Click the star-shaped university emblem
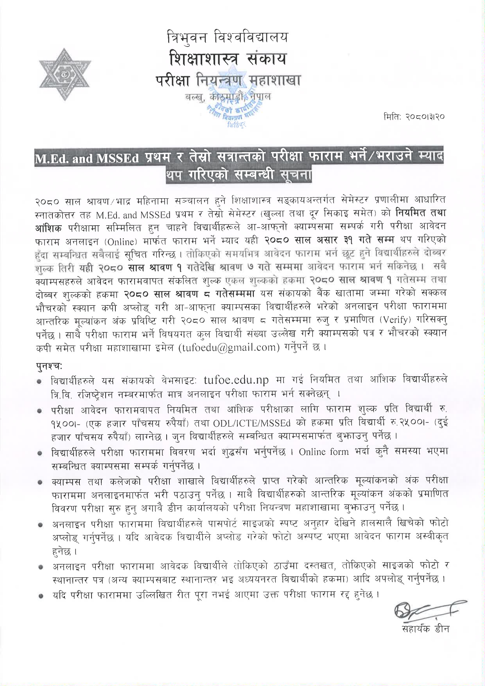[65, 75]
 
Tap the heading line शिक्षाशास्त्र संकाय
[227, 59]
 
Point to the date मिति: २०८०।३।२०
[414, 117]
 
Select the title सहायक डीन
[426, 629]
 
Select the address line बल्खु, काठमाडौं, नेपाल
[228, 96]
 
